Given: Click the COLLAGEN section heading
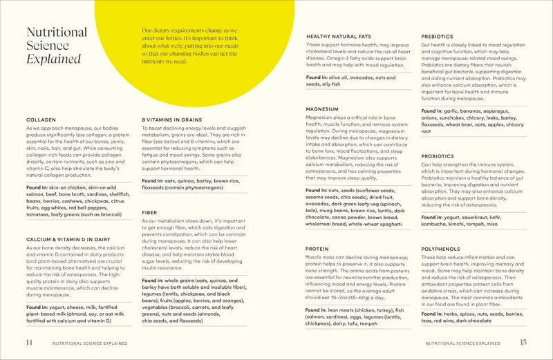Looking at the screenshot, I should pyautogui.click(x=41, y=120).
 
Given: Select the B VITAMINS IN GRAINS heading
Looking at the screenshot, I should pyautogui.click(x=171, y=120).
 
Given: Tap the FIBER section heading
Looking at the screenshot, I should pyautogui.click(x=149, y=212).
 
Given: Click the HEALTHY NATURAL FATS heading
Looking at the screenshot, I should pyautogui.click(x=339, y=36).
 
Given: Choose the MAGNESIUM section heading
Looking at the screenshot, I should pyautogui.click(x=322, y=109).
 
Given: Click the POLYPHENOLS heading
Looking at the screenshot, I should pyautogui.click(x=440, y=247).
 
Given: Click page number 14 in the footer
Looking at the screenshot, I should pyautogui.click(x=29, y=341).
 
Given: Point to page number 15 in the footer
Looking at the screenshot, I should pyautogui.click(x=523, y=341).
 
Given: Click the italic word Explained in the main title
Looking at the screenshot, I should pyautogui.click(x=53, y=59).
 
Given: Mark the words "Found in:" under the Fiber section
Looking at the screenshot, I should pyautogui.click(x=156, y=281).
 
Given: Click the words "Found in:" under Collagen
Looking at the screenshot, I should pyautogui.click(x=40, y=187).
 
